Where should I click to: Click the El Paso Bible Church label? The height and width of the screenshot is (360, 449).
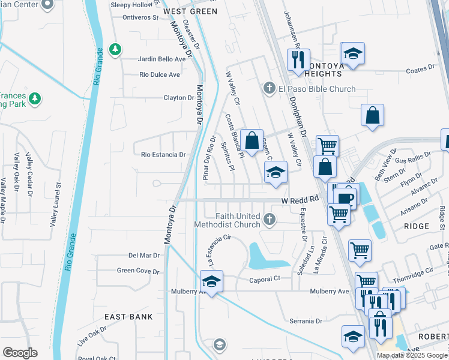point(316,89)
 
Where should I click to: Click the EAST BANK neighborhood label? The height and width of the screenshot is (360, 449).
point(128,316)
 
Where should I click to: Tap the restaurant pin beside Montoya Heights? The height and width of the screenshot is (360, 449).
point(298,60)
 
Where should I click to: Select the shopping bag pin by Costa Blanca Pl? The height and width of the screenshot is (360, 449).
point(252,140)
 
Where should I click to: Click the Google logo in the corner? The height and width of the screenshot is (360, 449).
point(20,353)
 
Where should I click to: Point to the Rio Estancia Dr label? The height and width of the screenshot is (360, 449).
point(163,154)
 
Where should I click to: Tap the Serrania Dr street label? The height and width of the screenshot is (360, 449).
point(306,321)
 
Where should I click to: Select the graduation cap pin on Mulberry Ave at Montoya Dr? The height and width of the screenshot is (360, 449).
point(211,281)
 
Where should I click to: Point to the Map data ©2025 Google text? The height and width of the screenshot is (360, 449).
point(411,355)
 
